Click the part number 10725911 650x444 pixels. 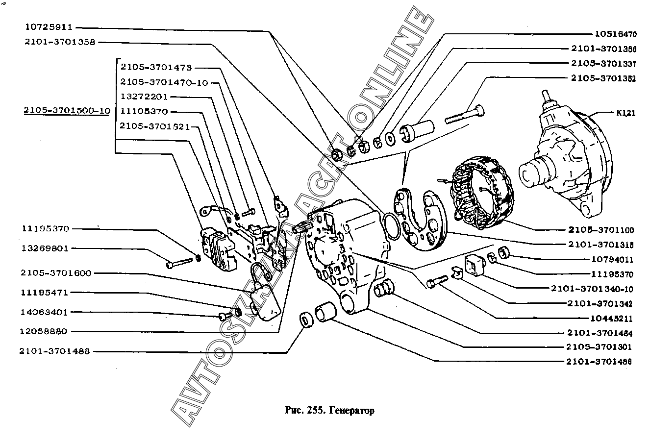click(48, 27)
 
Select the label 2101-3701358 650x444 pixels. click(60, 42)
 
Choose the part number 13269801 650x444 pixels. click(46, 248)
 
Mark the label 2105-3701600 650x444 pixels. click(56, 273)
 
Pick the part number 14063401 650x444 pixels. click(45, 312)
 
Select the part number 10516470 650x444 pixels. click(616, 34)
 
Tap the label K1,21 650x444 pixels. click(626, 113)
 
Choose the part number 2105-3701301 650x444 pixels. click(599, 347)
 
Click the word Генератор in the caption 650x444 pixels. click(351, 411)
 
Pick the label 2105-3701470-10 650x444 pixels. click(164, 82)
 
